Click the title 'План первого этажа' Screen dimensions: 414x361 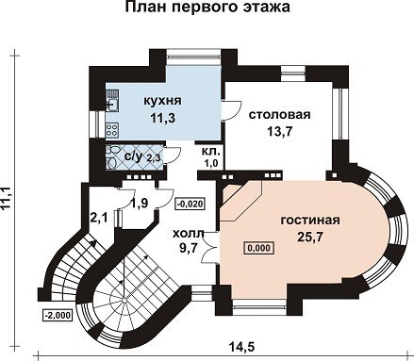tap(207, 8)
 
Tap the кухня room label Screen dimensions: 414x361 tap(162, 101)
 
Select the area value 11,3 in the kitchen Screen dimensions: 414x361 tap(162, 119)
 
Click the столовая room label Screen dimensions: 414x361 tap(279, 115)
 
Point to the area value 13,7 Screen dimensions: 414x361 tap(279, 132)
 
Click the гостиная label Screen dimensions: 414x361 tap(310, 220)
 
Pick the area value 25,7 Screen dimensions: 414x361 tap(310, 237)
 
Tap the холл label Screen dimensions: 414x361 tap(189, 234)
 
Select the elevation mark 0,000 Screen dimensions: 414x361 tap(259, 248)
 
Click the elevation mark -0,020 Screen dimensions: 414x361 tap(190, 204)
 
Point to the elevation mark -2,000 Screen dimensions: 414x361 tap(57, 315)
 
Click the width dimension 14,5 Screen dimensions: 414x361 tap(241, 347)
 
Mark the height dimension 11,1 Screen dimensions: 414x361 tap(6, 198)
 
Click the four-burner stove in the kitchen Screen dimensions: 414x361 tap(112, 130)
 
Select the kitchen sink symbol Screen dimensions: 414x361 tap(112, 100)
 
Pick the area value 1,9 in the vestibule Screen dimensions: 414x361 tap(140, 204)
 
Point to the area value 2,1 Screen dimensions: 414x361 tap(99, 217)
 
